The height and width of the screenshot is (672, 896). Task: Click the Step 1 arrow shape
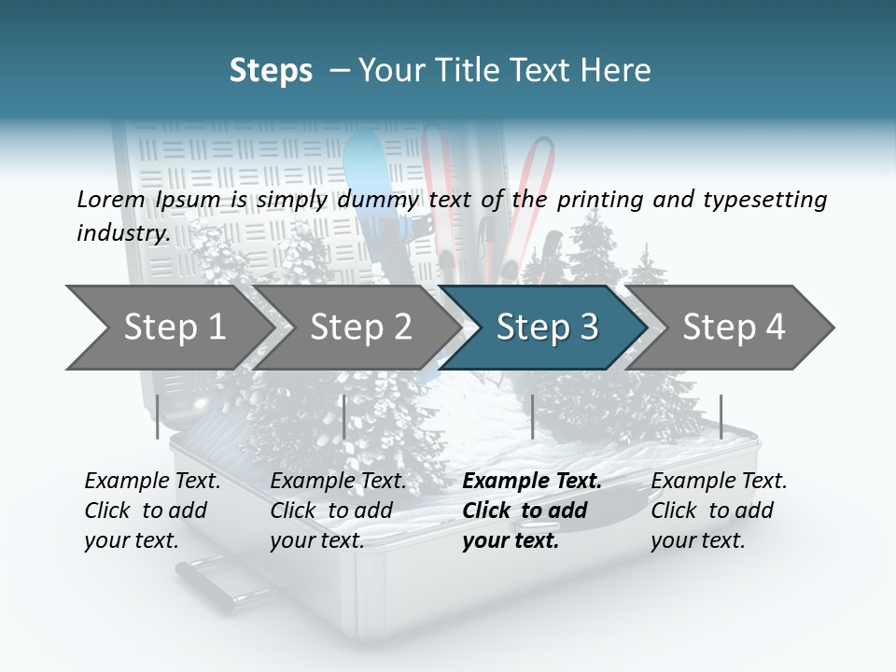(x=168, y=327)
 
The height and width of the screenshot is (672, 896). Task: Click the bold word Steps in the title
(x=271, y=70)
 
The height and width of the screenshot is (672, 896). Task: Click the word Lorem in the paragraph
(x=110, y=199)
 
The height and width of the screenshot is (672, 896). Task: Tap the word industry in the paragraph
(x=123, y=232)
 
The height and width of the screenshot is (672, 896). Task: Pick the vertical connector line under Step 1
(x=158, y=416)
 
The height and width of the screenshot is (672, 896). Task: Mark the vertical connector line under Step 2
(x=344, y=416)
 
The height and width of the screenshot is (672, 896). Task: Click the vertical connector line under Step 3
(x=532, y=416)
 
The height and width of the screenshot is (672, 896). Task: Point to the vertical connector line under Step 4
(x=721, y=416)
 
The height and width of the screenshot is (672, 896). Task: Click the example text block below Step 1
(x=152, y=511)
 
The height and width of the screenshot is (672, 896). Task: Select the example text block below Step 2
(x=338, y=511)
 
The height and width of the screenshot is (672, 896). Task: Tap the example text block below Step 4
(x=719, y=511)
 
